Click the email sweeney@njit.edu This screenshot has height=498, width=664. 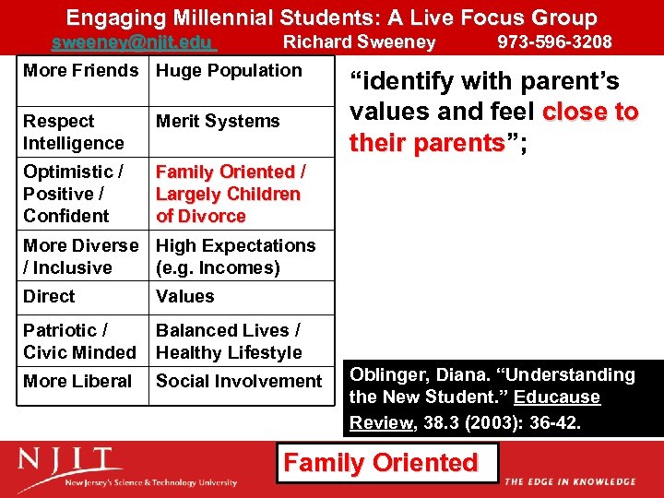(x=133, y=42)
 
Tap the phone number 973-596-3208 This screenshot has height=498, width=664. (x=554, y=42)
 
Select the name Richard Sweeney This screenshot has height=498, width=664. (x=359, y=42)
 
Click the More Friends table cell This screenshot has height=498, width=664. (x=80, y=71)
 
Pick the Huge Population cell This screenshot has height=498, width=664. (x=229, y=71)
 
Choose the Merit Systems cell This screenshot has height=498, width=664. (x=218, y=122)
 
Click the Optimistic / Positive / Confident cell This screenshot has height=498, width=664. (x=74, y=194)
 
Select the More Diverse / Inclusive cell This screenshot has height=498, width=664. (x=80, y=256)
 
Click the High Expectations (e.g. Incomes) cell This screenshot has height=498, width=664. (x=235, y=256)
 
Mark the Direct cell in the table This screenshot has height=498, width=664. (x=49, y=297)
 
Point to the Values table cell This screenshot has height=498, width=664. (x=184, y=297)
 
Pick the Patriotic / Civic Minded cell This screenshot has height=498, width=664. (x=79, y=341)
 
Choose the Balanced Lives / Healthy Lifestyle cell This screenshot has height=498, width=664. (x=229, y=341)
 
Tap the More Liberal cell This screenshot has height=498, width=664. (x=77, y=382)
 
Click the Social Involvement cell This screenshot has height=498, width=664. (x=239, y=382)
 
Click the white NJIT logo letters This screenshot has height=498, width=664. (x=69, y=461)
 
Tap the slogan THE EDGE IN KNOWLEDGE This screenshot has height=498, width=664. (x=570, y=481)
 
